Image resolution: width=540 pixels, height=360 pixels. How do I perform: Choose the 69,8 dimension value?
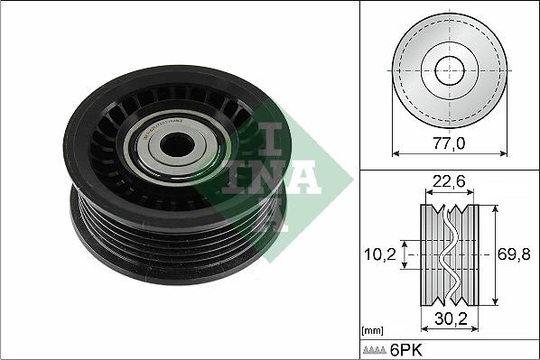pyautogui.click(x=514, y=255)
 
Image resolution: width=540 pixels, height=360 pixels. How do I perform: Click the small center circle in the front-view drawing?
pyautogui.click(x=449, y=70)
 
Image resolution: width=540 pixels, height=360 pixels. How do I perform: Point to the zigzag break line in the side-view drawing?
pyautogui.click(x=448, y=256)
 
